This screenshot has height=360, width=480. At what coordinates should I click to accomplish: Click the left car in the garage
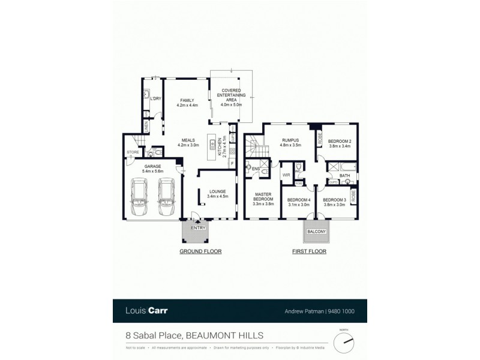coord(140,195)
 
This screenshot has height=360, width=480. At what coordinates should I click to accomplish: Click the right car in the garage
coord(166,195)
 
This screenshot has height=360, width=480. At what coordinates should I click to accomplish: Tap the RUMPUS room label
coord(290,141)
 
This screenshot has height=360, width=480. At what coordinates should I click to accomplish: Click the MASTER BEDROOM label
coord(263,197)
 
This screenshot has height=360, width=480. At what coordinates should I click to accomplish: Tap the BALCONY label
coord(316,231)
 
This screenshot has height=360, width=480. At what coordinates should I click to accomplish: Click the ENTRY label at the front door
coord(198,228)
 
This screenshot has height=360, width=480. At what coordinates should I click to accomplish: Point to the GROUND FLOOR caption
coord(197,252)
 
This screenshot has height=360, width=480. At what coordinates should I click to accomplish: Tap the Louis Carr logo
coord(146,311)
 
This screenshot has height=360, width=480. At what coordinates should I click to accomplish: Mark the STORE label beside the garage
coord(133,152)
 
